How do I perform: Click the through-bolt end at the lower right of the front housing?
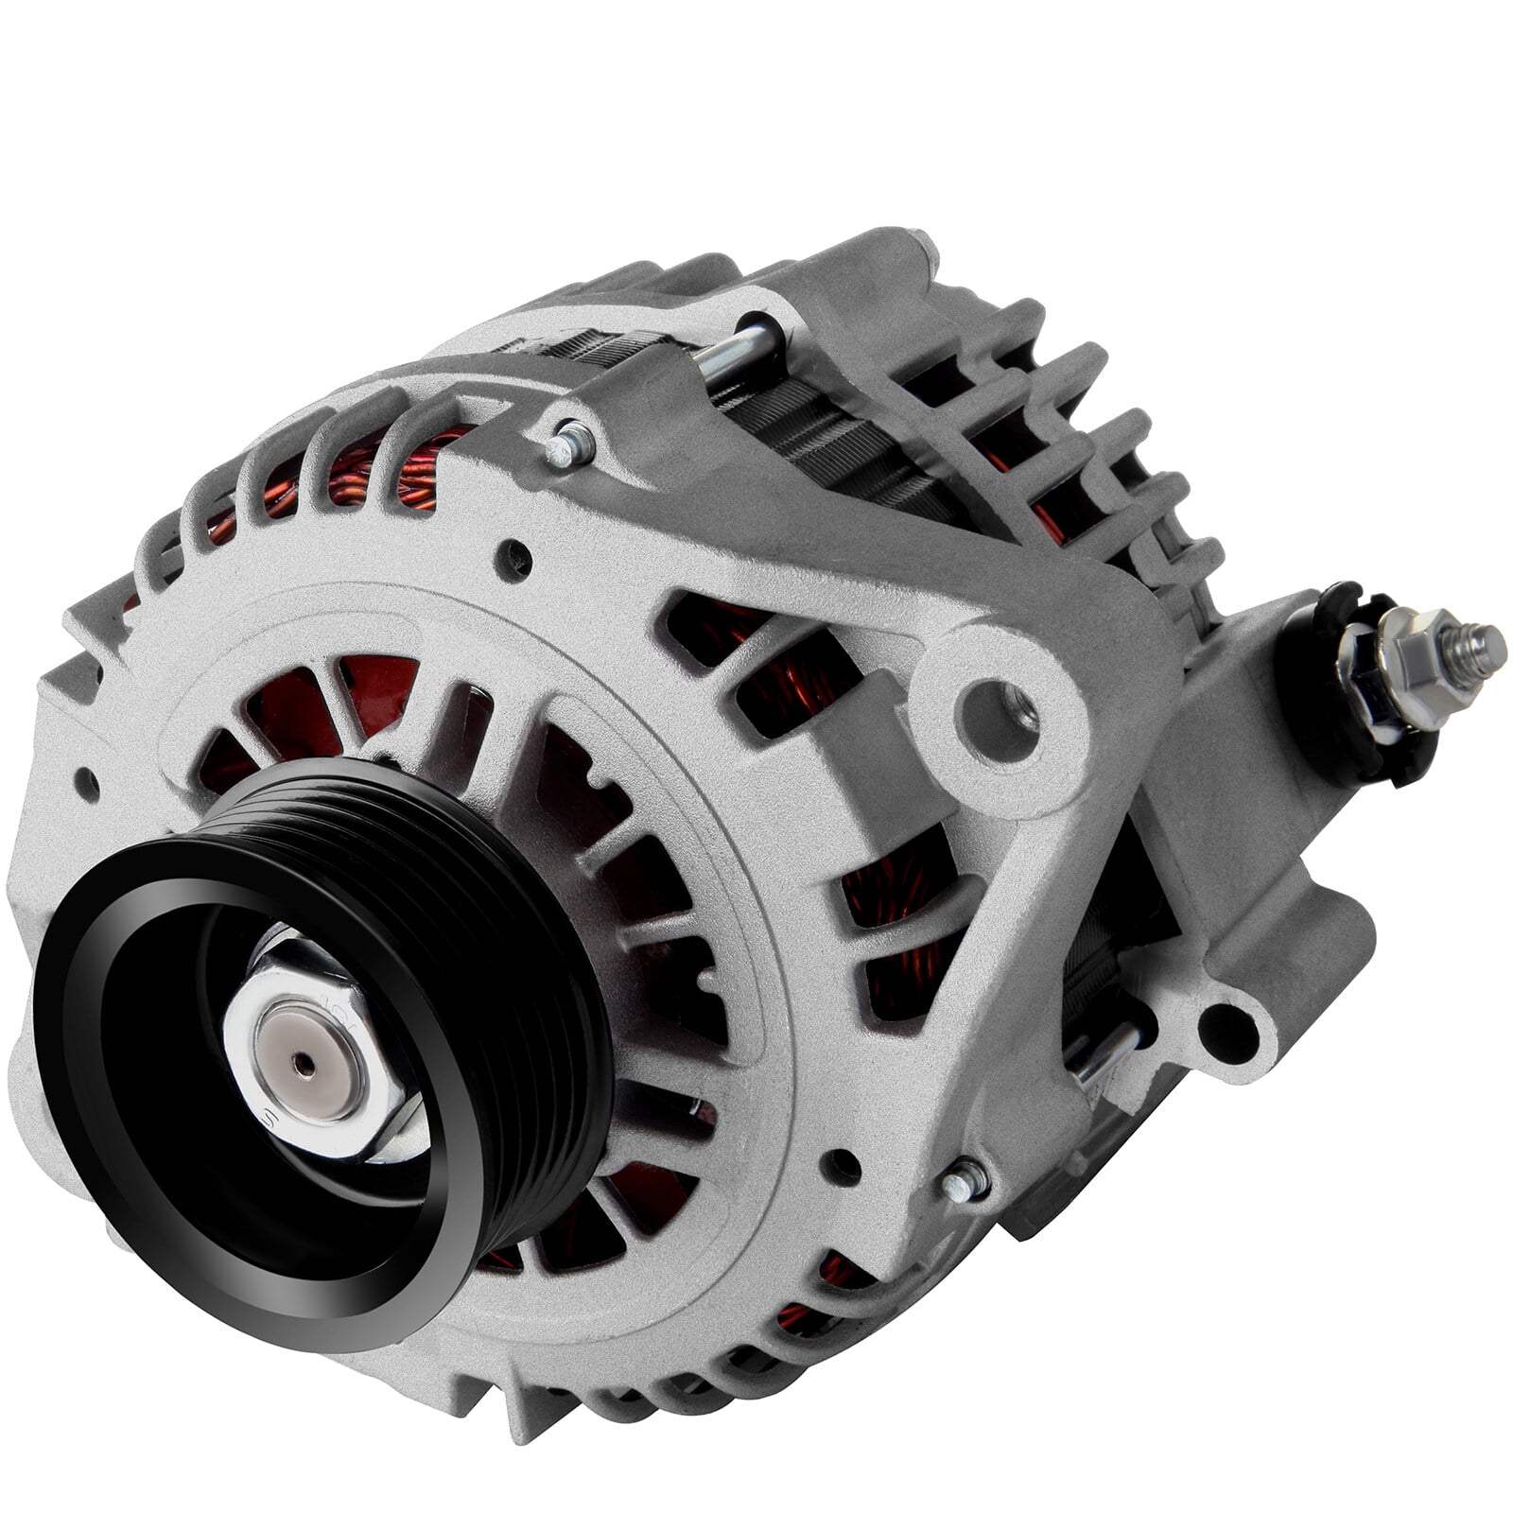[x=965, y=1181]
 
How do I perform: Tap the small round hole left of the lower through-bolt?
[x=836, y=1162]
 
